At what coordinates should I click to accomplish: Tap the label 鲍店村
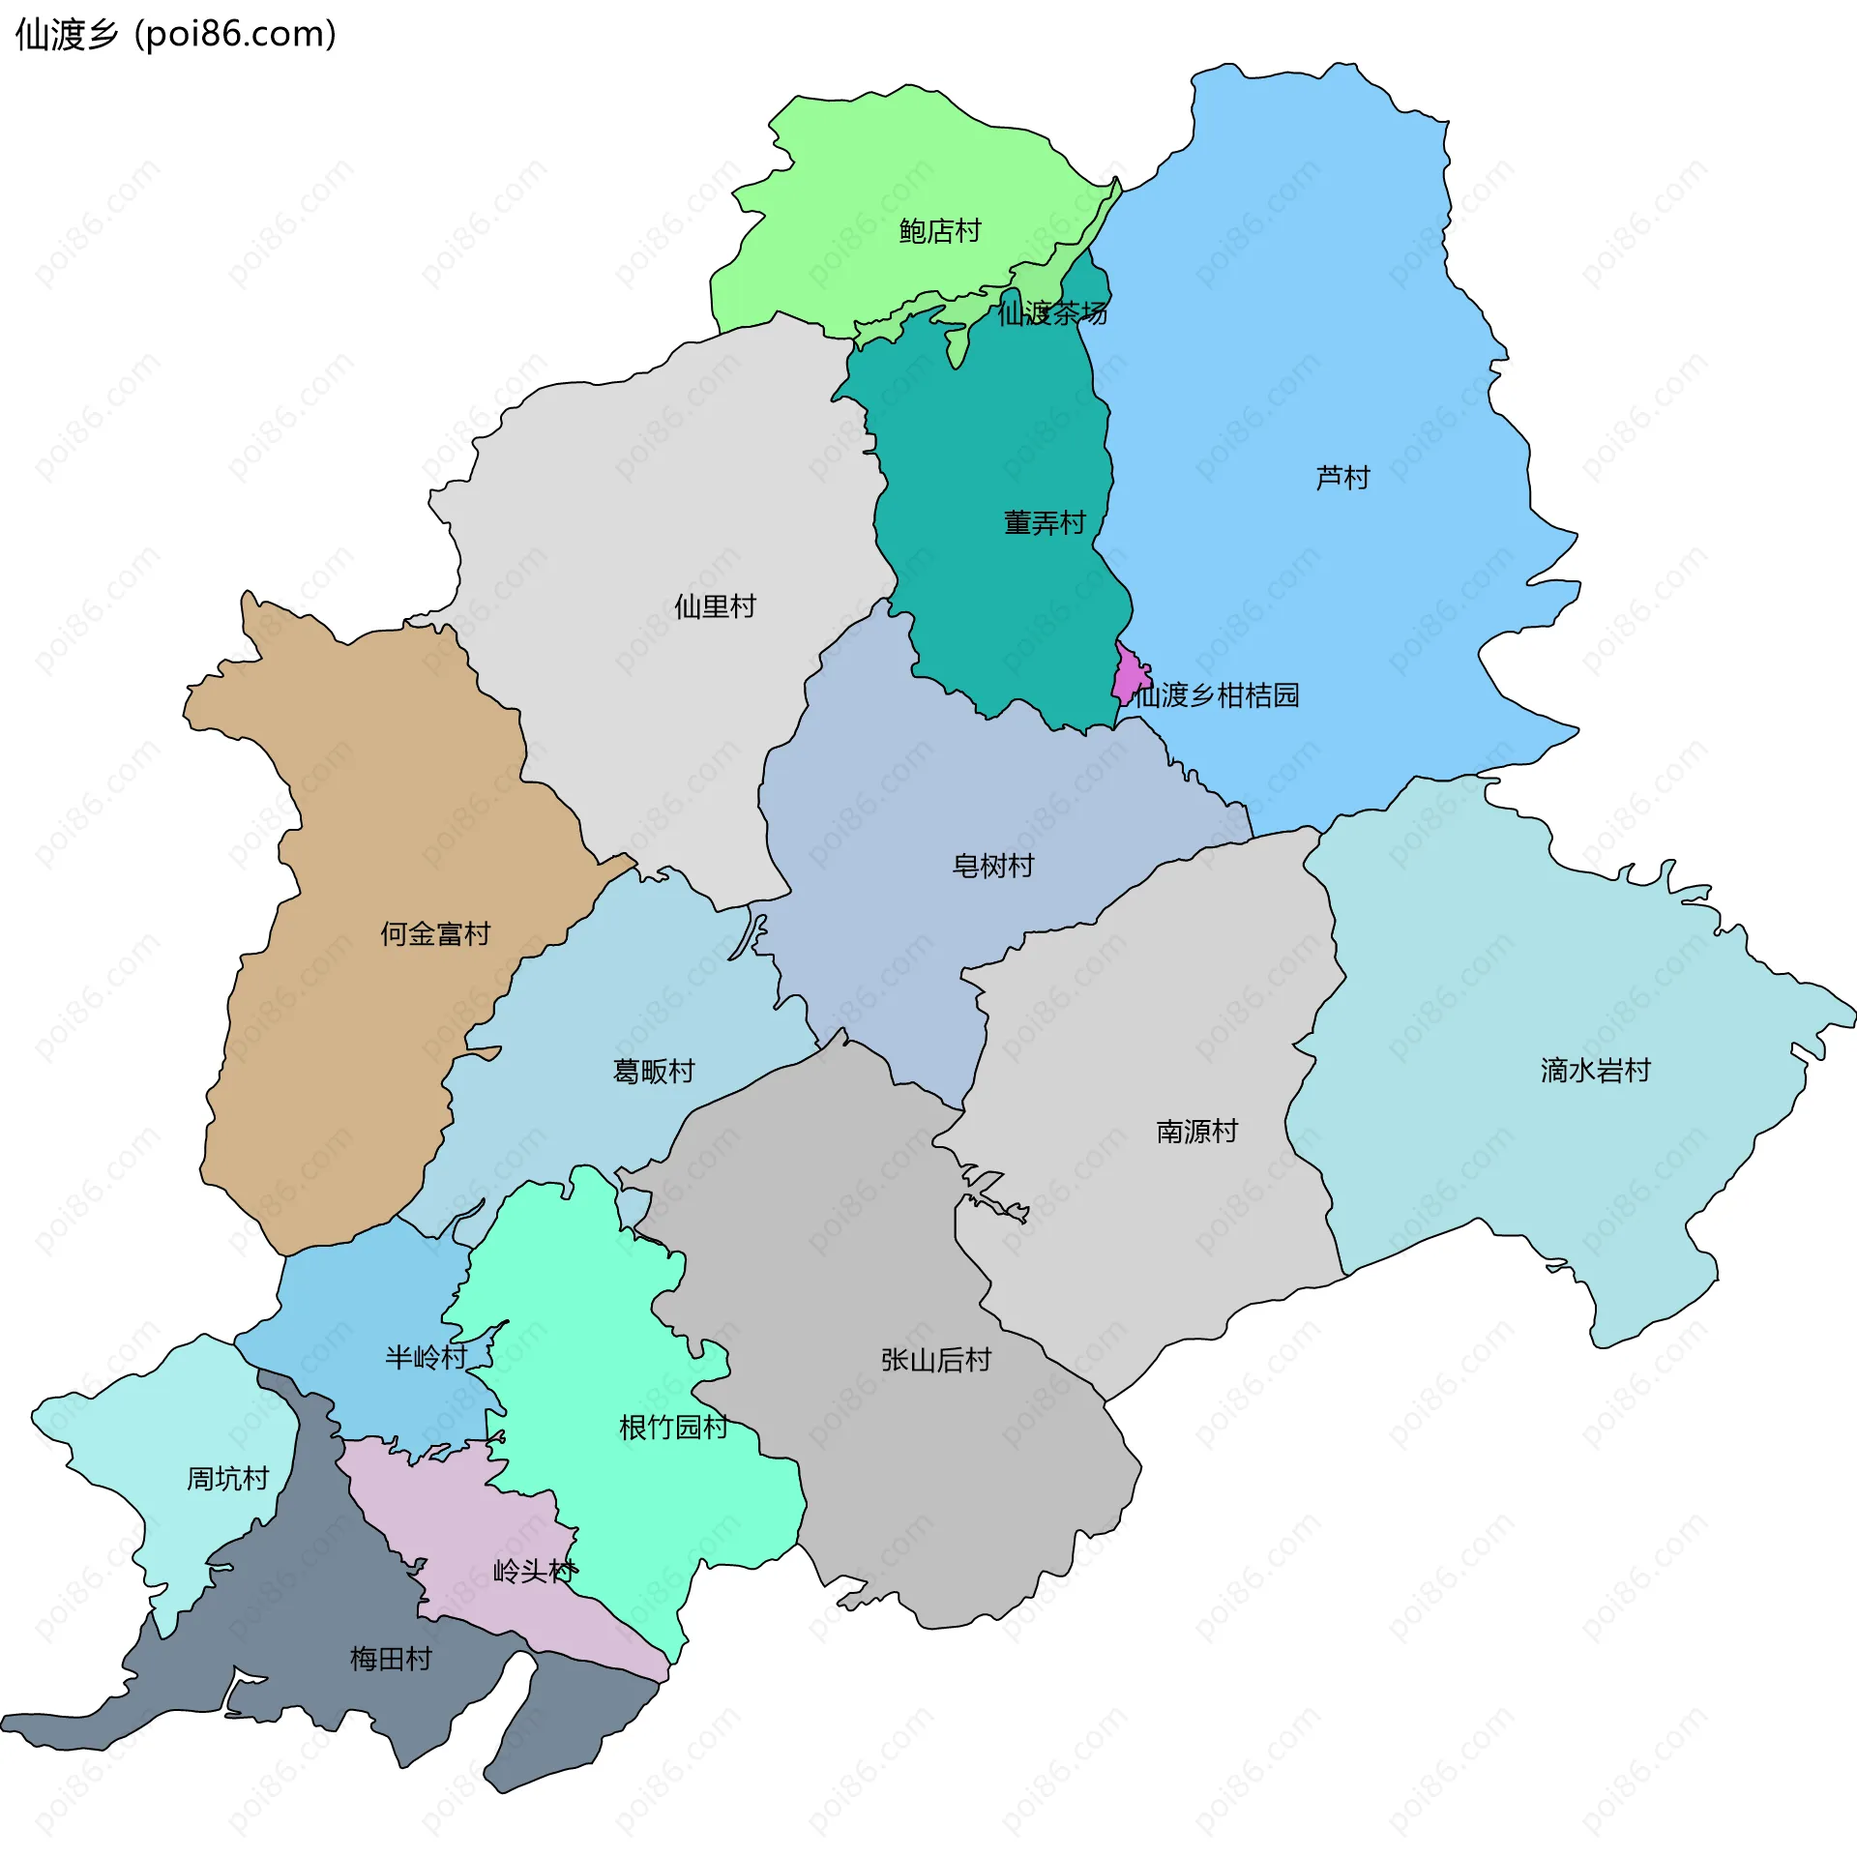(939, 231)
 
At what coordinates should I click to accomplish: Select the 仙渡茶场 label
(1052, 313)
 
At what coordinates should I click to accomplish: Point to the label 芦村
(1342, 478)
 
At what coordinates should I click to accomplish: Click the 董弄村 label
(1045, 523)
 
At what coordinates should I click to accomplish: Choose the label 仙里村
(715, 607)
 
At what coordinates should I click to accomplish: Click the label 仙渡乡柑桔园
(1217, 695)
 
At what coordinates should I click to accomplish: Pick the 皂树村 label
(993, 866)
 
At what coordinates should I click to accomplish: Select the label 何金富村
(435, 934)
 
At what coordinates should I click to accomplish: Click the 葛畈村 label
(654, 1072)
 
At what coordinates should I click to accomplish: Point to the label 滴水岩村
(1595, 1071)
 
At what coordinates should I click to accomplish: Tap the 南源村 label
(1196, 1132)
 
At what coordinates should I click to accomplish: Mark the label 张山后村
(936, 1361)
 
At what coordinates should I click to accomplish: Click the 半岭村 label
(426, 1358)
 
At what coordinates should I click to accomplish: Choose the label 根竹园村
(673, 1428)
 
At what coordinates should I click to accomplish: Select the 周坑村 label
(227, 1479)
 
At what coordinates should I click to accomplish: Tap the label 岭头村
(535, 1572)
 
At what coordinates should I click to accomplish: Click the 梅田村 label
(391, 1660)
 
